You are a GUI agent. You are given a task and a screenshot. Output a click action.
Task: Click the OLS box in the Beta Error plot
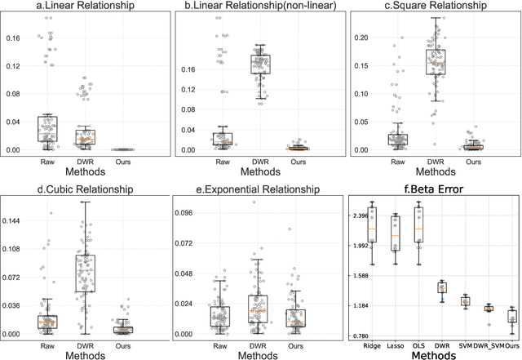[418, 224]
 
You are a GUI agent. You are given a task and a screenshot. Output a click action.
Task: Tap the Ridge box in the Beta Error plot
[373, 225]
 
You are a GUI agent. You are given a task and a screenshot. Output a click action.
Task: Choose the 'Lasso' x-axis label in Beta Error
[396, 344]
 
